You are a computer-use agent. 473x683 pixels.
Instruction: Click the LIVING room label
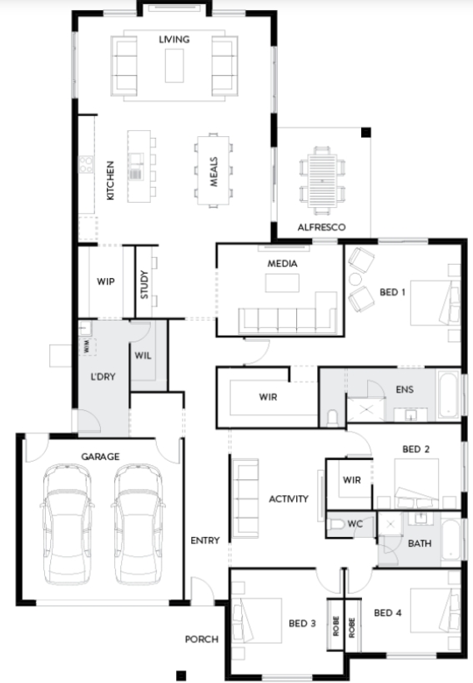click(x=174, y=39)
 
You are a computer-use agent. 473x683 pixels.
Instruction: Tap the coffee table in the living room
click(x=174, y=65)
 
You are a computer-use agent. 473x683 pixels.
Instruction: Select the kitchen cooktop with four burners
click(x=86, y=164)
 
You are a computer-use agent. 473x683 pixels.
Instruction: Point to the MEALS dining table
click(x=214, y=170)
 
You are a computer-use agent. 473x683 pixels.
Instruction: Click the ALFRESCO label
click(x=321, y=227)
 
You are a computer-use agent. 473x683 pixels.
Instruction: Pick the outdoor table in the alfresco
click(x=322, y=180)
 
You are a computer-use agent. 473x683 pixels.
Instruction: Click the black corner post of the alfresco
click(x=366, y=133)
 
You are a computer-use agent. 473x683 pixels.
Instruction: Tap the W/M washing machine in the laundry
click(x=87, y=347)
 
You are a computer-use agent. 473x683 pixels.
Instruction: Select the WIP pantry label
click(x=106, y=281)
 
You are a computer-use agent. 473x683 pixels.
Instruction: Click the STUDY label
click(x=144, y=285)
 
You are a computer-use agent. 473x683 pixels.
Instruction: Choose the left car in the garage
click(x=67, y=524)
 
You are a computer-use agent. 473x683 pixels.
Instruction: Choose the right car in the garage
click(x=138, y=524)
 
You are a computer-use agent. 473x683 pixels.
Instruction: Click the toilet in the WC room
click(x=335, y=524)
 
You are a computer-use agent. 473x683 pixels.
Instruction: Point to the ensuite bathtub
click(x=448, y=394)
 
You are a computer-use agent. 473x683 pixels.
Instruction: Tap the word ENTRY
click(x=205, y=540)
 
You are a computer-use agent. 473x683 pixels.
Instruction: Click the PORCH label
click(x=202, y=639)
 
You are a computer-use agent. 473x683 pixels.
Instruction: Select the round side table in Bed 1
click(x=355, y=279)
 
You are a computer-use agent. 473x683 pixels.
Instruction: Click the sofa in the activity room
click(x=245, y=498)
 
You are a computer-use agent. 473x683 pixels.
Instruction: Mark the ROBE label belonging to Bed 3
click(x=335, y=626)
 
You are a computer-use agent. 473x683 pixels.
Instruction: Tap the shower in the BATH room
click(x=390, y=524)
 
